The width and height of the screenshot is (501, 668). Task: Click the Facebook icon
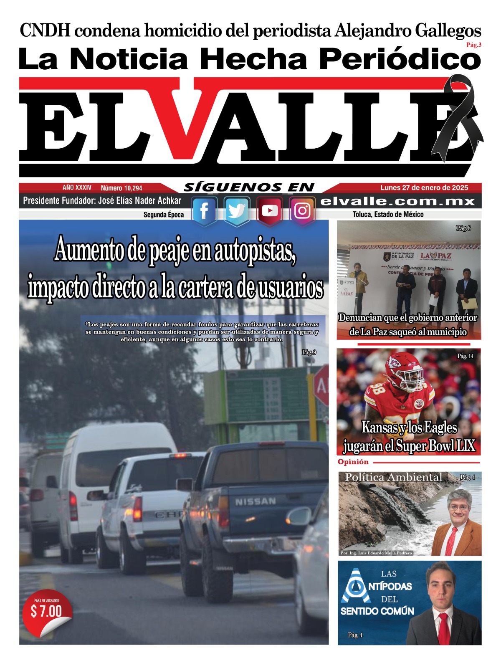204,211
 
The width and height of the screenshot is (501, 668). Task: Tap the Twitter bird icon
237,211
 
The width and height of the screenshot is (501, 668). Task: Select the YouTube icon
269,211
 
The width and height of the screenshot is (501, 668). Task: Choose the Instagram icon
302,211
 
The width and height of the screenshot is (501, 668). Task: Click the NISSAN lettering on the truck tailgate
255,501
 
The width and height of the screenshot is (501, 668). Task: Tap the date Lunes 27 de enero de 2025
424,188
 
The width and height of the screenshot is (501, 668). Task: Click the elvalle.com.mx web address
398,201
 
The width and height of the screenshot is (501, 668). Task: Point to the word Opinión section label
353,462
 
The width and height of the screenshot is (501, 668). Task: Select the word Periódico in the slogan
400,59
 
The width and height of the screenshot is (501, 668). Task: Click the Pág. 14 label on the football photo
465,356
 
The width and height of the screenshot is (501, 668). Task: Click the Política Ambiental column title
393,477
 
